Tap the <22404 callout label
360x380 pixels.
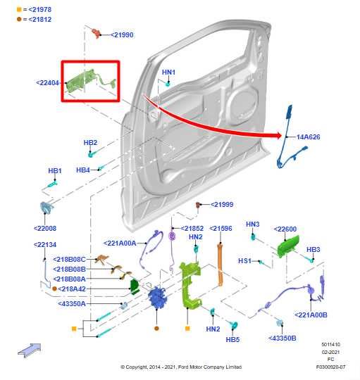pos(48,82)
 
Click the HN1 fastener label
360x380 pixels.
pos(169,72)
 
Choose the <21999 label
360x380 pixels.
pos(220,204)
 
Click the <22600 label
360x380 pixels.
pos(285,229)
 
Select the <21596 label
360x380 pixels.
pos(221,229)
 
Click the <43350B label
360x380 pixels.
pos(282,338)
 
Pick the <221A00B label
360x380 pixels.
pos(311,315)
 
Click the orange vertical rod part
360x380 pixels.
pos(218,267)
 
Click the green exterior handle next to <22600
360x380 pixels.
pos(289,247)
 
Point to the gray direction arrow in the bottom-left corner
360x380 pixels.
pos(29,348)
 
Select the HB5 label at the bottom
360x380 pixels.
pos(232,339)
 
